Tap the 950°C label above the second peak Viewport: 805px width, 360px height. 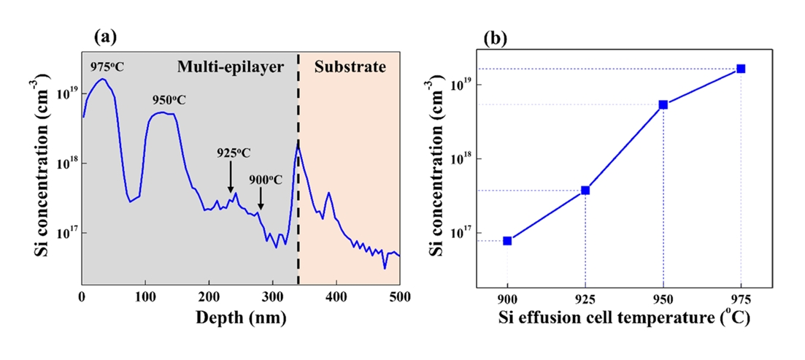pyautogui.click(x=169, y=100)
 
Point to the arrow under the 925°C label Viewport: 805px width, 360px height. pyautogui.click(x=231, y=177)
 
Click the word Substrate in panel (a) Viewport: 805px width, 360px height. pyautogui.click(x=350, y=67)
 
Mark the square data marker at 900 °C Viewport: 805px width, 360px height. pyautogui.click(x=507, y=240)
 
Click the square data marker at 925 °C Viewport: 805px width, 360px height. pyautogui.click(x=585, y=191)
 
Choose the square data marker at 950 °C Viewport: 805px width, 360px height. pyautogui.click(x=663, y=104)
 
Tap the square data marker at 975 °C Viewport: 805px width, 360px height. pyautogui.click(x=742, y=69)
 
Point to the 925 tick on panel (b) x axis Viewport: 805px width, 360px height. pyautogui.click(x=585, y=299)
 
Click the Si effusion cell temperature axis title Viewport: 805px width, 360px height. pyautogui.click(x=624, y=318)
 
